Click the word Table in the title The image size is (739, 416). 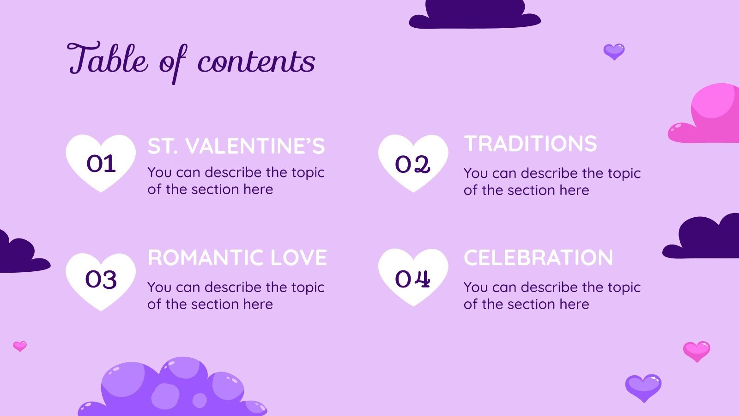(x=108, y=59)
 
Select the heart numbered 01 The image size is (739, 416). (x=101, y=163)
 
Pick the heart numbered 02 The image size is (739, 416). (x=413, y=163)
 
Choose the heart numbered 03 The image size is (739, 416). (x=101, y=280)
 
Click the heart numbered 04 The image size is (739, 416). (x=413, y=277)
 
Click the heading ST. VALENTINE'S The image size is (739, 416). (x=236, y=147)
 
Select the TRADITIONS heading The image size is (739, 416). (x=530, y=144)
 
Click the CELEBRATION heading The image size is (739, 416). (x=538, y=258)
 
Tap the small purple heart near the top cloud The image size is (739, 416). (x=614, y=51)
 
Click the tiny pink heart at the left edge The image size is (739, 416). (x=20, y=346)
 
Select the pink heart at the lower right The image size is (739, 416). (x=697, y=351)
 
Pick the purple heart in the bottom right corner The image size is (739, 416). (x=643, y=387)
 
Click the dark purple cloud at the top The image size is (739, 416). (x=474, y=15)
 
